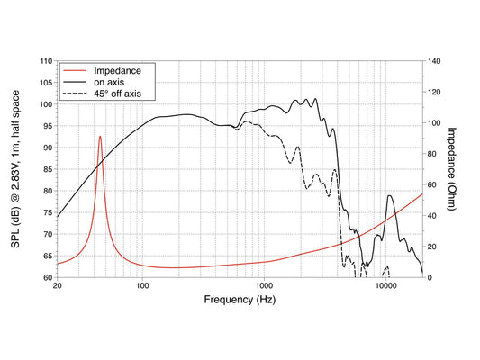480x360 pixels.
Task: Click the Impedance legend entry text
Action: click(x=117, y=71)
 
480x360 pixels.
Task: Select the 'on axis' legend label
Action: click(x=109, y=82)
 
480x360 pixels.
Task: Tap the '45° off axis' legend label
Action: click(x=117, y=94)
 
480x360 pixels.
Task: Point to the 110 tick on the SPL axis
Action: click(x=47, y=61)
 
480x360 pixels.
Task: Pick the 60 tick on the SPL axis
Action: click(x=49, y=278)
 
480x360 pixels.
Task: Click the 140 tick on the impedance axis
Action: click(x=434, y=61)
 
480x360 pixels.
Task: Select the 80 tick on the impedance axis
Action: click(x=432, y=154)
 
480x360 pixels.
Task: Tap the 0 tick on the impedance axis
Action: click(x=430, y=278)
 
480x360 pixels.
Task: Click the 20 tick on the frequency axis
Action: click(x=58, y=285)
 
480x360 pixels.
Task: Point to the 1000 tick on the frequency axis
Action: click(x=264, y=285)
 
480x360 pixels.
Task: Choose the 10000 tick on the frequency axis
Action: click(x=385, y=285)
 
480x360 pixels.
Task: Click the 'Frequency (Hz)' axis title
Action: click(x=240, y=300)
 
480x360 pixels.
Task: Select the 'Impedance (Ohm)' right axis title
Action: click(x=452, y=169)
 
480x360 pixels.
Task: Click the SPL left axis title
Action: click(x=15, y=169)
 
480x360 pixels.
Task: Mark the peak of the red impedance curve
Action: click(x=100, y=137)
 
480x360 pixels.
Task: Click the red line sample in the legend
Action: click(x=75, y=71)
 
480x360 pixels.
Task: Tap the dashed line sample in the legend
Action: click(x=75, y=94)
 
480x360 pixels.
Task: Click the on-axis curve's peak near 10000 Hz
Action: click(x=389, y=196)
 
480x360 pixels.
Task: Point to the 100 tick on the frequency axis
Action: click(x=142, y=285)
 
